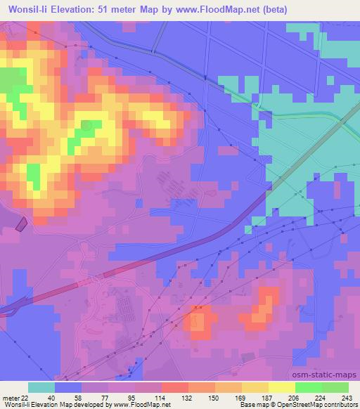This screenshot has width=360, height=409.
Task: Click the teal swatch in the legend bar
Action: (x=41, y=387)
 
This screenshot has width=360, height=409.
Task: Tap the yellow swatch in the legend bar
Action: (x=282, y=387)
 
